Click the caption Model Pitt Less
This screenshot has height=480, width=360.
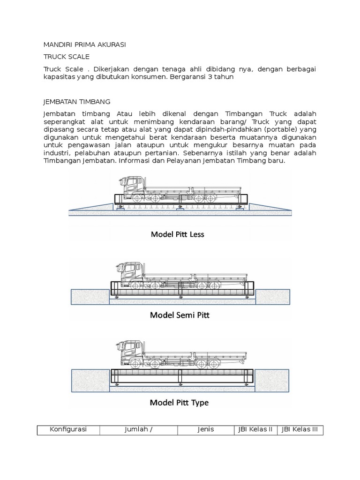tap(177, 234)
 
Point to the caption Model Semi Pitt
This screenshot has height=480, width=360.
tap(180, 315)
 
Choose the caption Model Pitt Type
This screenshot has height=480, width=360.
tap(179, 402)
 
